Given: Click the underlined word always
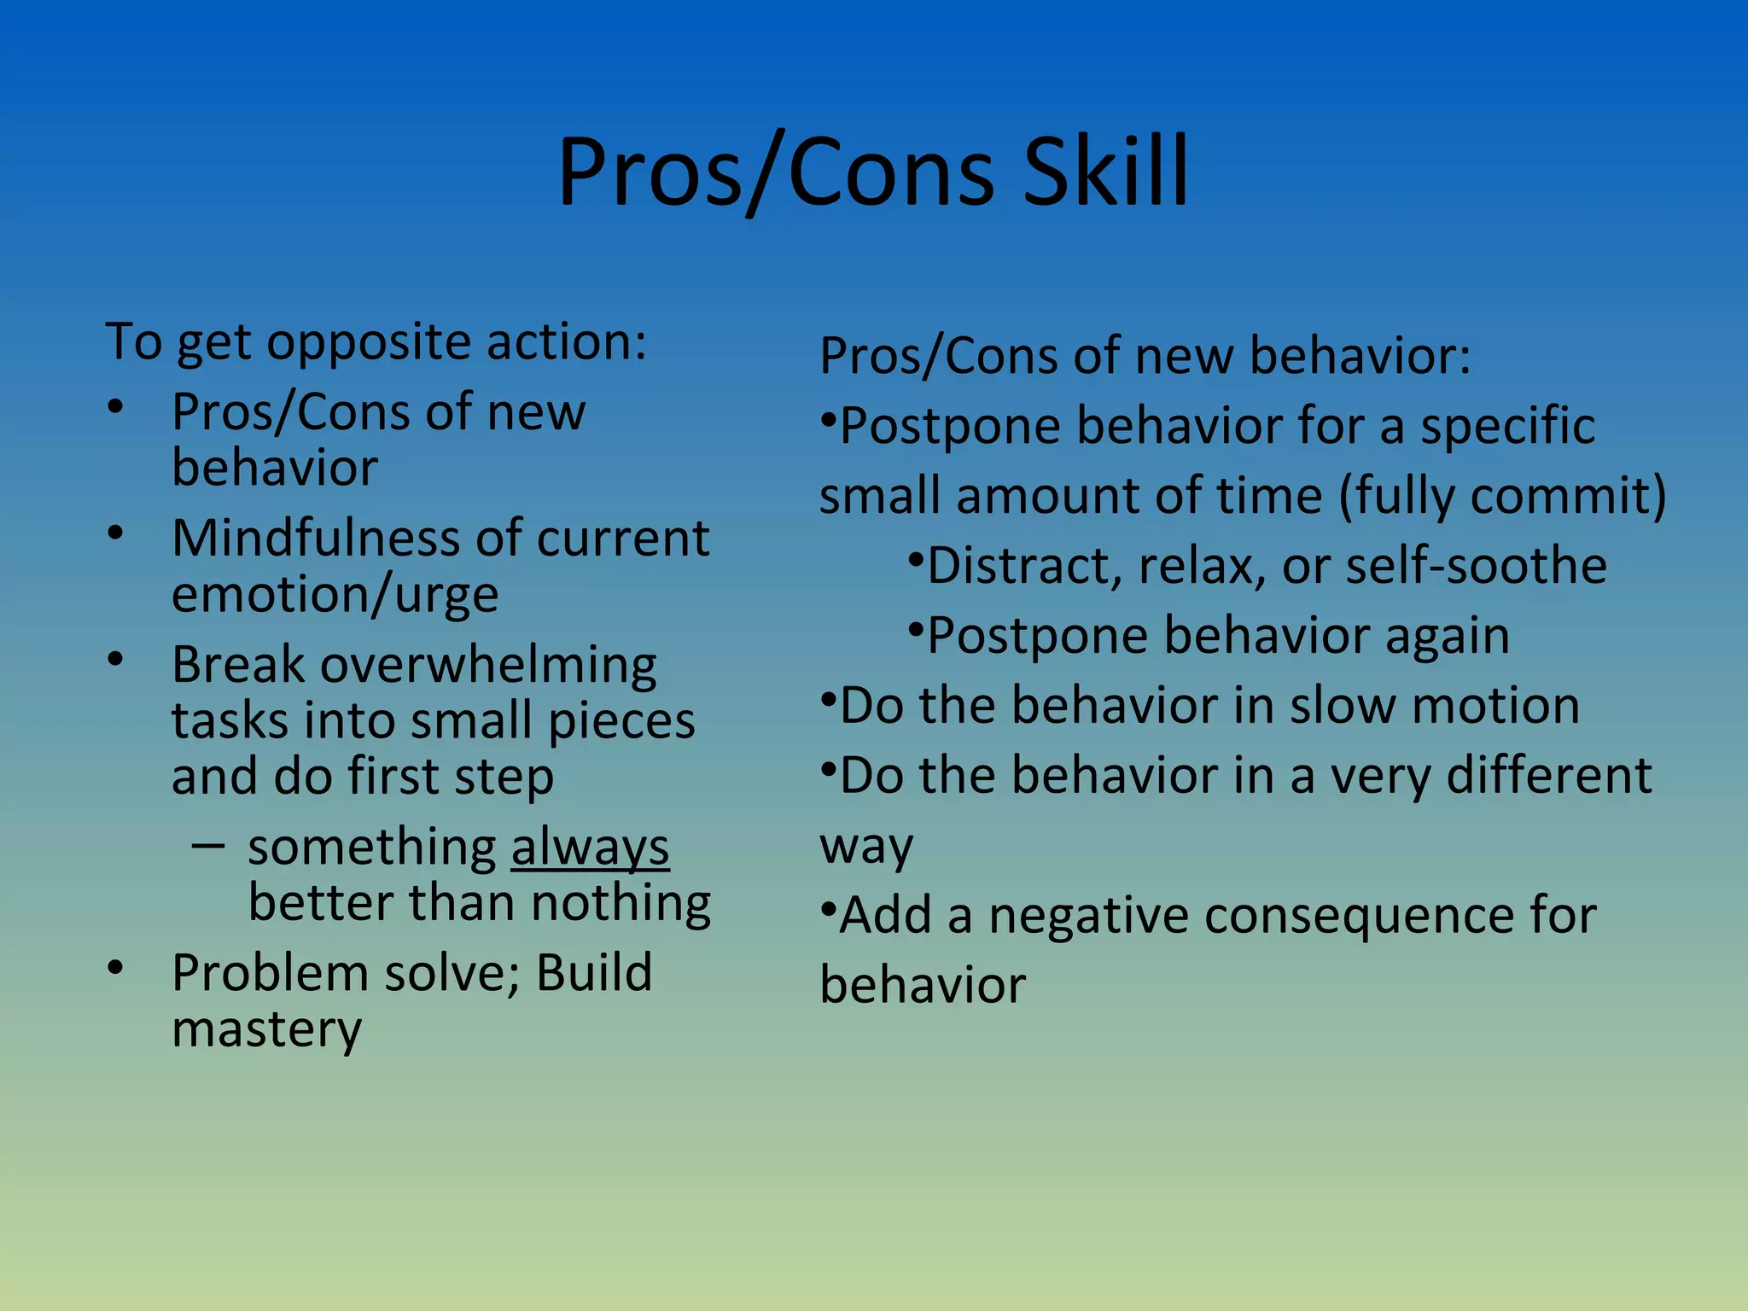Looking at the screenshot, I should point(590,848).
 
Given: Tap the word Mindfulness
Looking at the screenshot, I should point(316,539).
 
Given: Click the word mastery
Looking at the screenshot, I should point(266,1029).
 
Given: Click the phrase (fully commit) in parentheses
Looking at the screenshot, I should point(1502,496).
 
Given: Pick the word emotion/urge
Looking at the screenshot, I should point(335,595).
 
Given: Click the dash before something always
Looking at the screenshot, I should point(208,846).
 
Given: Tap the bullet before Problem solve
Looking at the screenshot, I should point(116,967).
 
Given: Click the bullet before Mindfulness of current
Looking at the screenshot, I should point(116,533).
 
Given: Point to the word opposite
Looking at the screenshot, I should point(368,342).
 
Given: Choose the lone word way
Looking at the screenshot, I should point(865,847).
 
